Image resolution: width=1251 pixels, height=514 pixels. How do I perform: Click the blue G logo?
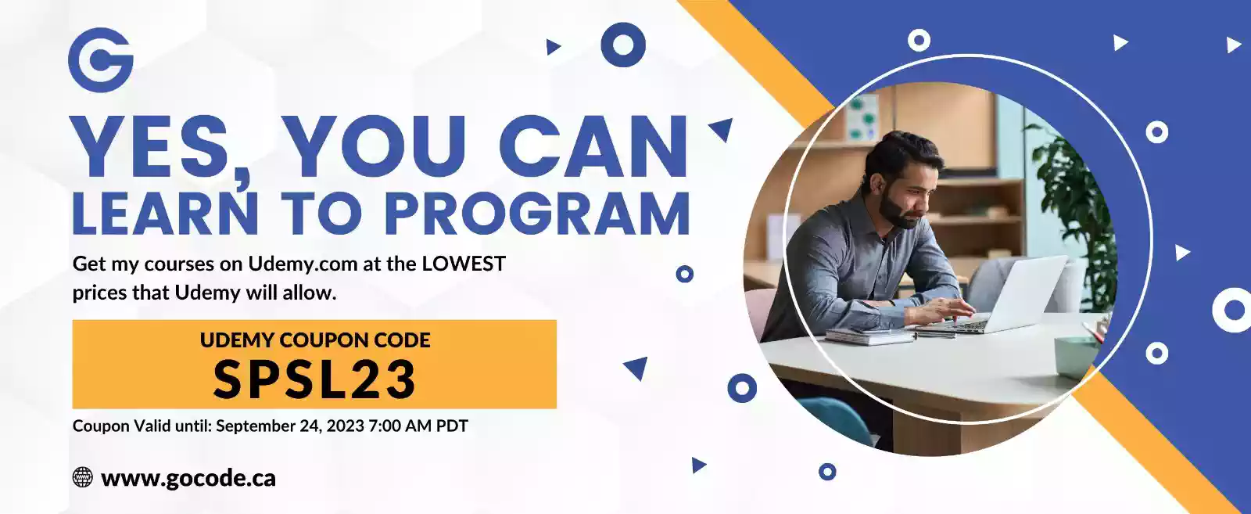pyautogui.click(x=101, y=60)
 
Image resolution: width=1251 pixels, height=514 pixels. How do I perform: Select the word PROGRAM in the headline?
pyautogui.click(x=536, y=214)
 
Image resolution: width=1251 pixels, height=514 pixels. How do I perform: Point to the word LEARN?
pyautogui.click(x=165, y=214)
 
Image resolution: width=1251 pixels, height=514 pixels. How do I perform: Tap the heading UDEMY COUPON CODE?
pyautogui.click(x=315, y=340)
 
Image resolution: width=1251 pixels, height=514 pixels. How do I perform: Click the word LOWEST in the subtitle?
pyautogui.click(x=464, y=263)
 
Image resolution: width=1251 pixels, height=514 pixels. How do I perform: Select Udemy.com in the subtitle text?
pyautogui.click(x=303, y=264)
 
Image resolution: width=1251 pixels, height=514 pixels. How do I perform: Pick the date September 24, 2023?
pyautogui.click(x=290, y=426)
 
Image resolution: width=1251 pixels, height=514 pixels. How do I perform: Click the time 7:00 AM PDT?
pyautogui.click(x=418, y=426)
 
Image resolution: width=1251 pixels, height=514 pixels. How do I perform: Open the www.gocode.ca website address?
pyautogui.click(x=188, y=479)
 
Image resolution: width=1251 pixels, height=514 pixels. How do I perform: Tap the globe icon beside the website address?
pyautogui.click(x=83, y=477)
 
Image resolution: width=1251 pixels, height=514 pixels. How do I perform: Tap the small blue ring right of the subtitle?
pyautogui.click(x=684, y=274)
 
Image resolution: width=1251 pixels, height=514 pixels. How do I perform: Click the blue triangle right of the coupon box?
pyautogui.click(x=636, y=368)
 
